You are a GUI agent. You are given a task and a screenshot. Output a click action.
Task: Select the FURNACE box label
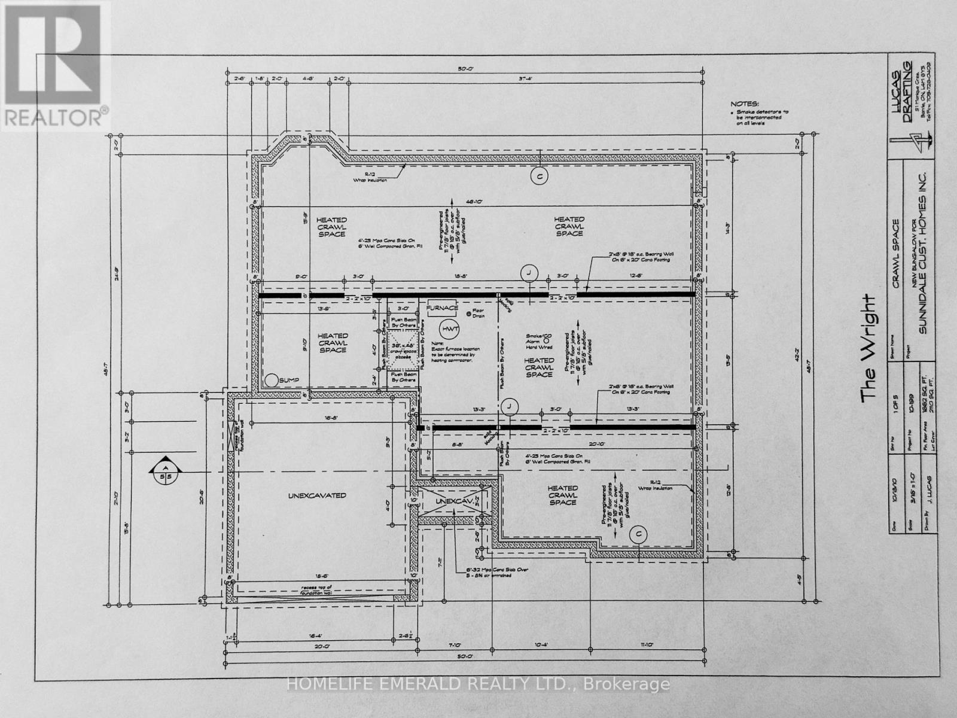(x=442, y=308)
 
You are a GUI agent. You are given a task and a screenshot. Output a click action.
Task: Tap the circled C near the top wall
(x=540, y=176)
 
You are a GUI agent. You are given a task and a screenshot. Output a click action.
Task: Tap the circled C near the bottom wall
(x=638, y=534)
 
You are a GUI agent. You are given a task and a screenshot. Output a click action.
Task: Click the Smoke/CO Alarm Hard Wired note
(x=539, y=341)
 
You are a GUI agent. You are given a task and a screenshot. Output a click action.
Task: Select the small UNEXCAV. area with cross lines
(x=455, y=501)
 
